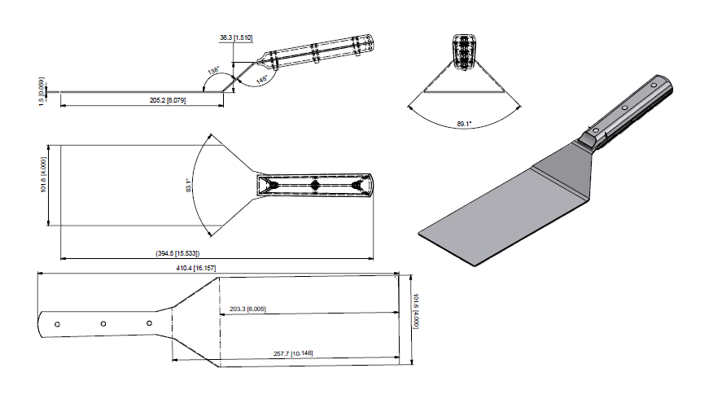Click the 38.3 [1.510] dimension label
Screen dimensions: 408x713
coord(237,37)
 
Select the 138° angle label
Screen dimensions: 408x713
coord(213,72)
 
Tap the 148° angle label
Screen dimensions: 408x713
coord(262,80)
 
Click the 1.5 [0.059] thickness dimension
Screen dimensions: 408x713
coord(42,90)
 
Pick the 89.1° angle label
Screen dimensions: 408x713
coord(465,124)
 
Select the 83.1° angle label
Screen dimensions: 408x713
coord(189,185)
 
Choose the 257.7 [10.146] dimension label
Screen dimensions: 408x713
coord(293,353)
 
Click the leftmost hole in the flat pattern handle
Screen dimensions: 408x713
coord(57,324)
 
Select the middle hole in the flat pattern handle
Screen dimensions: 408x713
coord(103,324)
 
